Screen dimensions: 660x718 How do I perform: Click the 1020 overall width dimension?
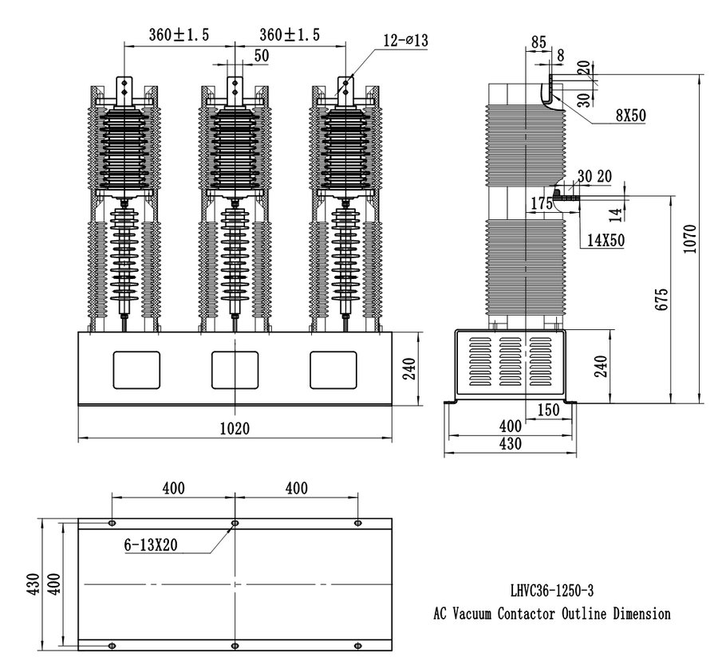coord(235,428)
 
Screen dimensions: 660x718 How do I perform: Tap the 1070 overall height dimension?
coord(692,237)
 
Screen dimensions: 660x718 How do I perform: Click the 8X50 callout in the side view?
coord(630,116)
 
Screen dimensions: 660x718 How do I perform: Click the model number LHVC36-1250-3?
coord(551,591)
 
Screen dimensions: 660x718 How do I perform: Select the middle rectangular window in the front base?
coord(234,370)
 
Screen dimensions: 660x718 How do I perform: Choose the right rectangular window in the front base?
coord(333,370)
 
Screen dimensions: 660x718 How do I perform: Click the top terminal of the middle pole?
coord(234,88)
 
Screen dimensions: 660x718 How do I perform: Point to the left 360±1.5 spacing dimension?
coord(179,34)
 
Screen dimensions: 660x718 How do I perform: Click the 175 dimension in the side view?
coord(542,203)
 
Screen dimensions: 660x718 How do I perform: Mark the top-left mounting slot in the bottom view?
coord(111,523)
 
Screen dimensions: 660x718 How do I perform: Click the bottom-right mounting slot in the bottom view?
coord(357,644)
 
